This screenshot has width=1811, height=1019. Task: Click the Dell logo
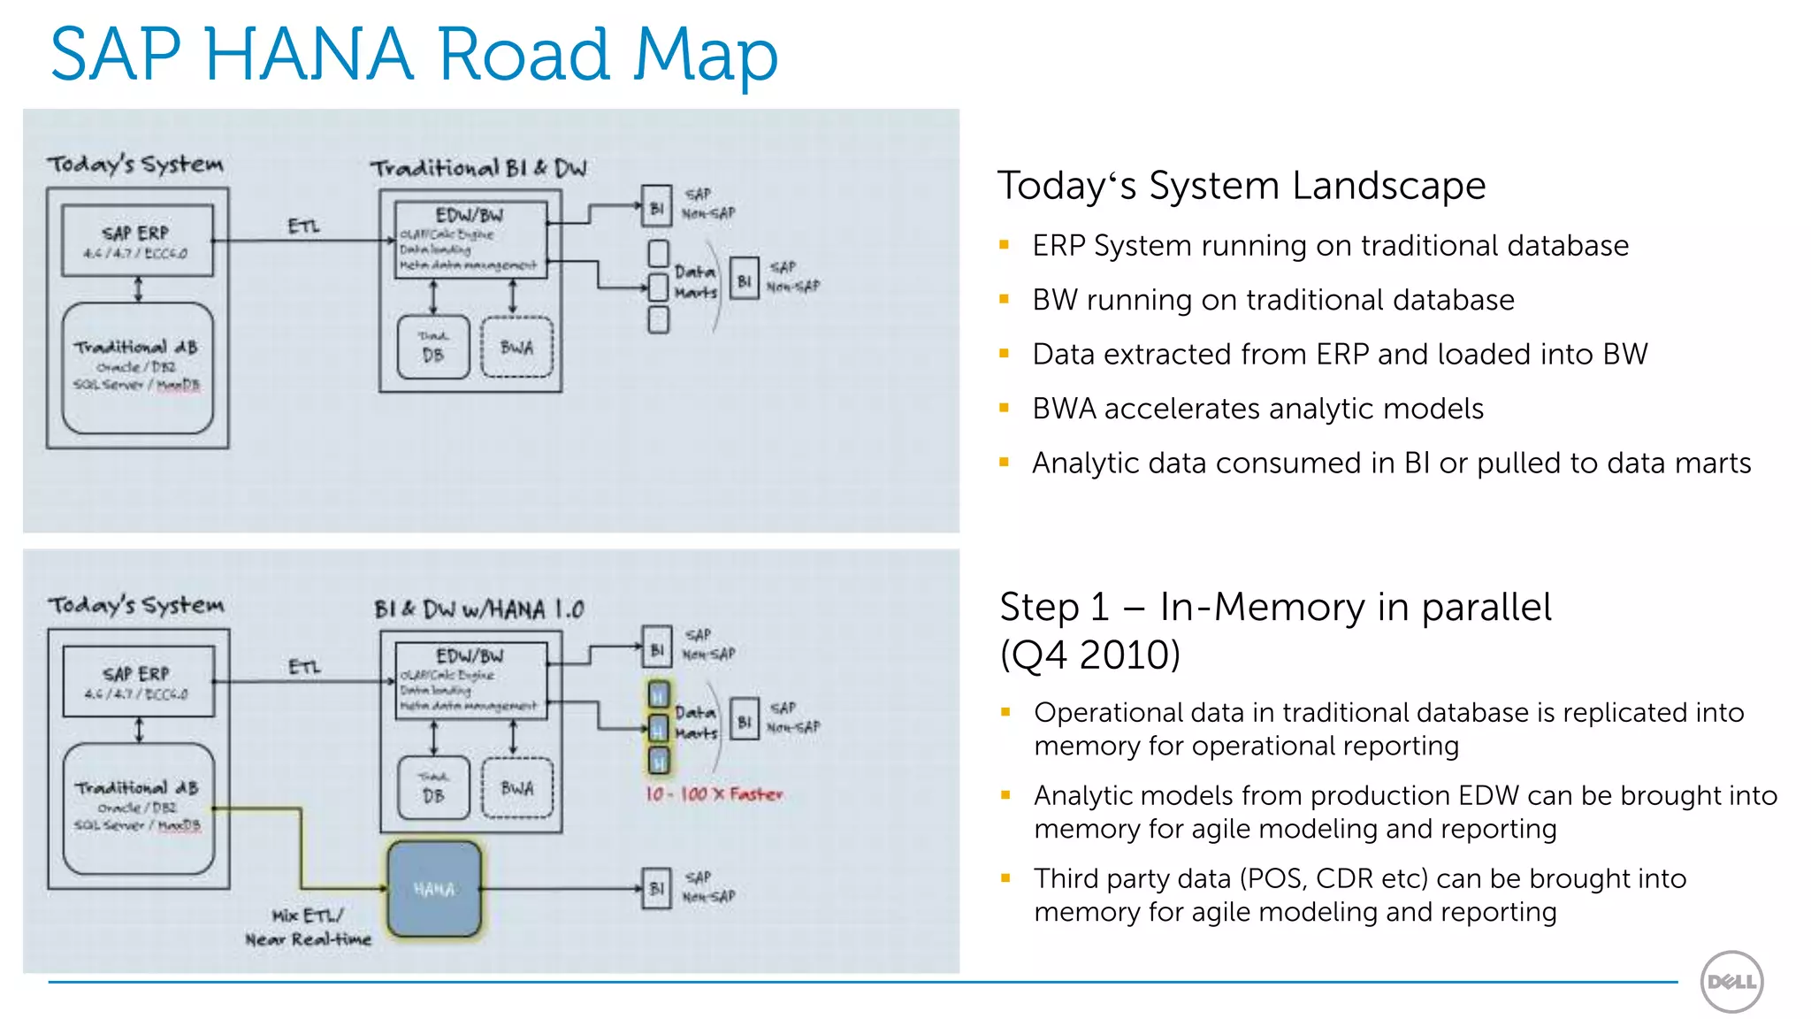[x=1731, y=981]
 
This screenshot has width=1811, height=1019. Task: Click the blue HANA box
[x=434, y=889]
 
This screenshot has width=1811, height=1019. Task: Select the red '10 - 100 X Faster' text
[x=714, y=794]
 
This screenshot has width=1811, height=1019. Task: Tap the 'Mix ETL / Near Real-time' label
[x=309, y=927]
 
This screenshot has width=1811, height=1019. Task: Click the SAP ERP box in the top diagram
[x=137, y=241]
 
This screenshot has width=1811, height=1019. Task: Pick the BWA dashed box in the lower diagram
[x=517, y=788]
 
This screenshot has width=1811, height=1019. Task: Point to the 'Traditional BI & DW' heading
[x=478, y=168]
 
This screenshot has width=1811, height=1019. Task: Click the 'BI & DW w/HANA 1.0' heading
[x=478, y=609]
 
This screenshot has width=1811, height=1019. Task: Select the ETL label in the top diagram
[x=303, y=226]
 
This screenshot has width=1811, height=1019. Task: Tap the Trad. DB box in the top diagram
[x=433, y=348]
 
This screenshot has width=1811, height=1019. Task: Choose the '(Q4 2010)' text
[x=1089, y=655]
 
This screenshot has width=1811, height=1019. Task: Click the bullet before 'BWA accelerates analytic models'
[x=1004, y=409]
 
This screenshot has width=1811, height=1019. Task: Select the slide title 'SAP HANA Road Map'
[x=414, y=55]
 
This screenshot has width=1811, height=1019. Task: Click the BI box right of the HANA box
[x=656, y=888]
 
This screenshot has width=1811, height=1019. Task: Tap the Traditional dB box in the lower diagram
[x=139, y=808]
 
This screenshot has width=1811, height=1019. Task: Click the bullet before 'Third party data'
[x=1005, y=878]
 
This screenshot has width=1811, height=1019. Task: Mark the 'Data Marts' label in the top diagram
[x=695, y=281]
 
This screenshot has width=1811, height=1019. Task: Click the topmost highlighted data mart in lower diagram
[x=659, y=694]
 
